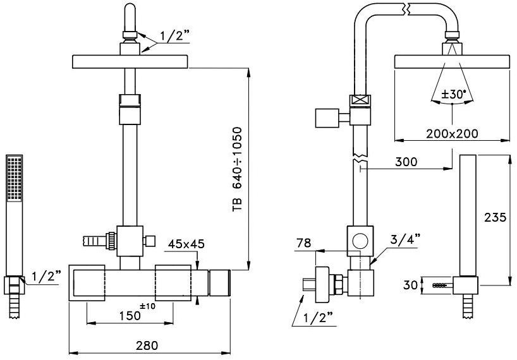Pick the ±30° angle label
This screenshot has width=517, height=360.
(454, 94)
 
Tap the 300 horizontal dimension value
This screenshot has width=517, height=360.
(405, 162)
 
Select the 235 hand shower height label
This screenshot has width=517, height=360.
(495, 218)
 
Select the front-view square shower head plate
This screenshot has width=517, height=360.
(131, 62)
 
